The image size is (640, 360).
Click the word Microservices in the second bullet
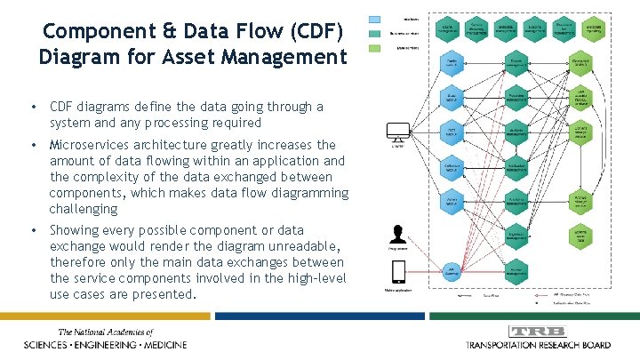(x=93, y=145)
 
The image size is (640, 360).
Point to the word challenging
(x=84, y=209)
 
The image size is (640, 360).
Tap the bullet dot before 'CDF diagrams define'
(x=33, y=108)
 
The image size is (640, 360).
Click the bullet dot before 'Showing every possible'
(x=33, y=231)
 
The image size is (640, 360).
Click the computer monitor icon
(x=396, y=132)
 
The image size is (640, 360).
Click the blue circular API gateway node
(x=452, y=268)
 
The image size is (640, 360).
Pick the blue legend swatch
(x=376, y=18)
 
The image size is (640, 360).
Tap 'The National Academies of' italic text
(x=106, y=332)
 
